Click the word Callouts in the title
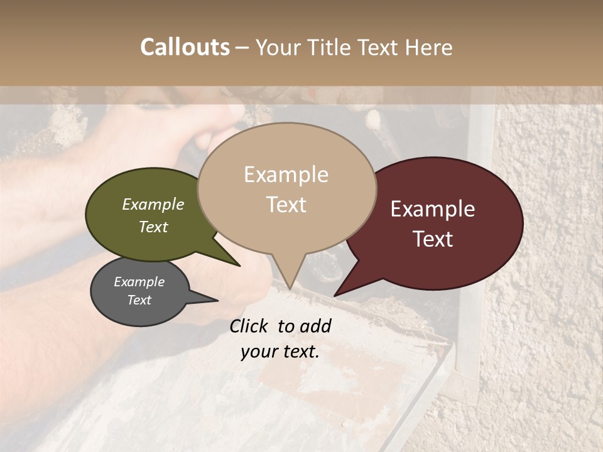click(185, 47)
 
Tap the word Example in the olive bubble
click(153, 205)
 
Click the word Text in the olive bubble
click(153, 227)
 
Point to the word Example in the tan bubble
click(286, 175)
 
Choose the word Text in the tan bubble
click(286, 205)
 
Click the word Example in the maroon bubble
click(433, 209)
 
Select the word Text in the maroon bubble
click(433, 239)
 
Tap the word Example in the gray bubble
click(139, 282)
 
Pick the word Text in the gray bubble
click(139, 300)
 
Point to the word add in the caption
click(316, 326)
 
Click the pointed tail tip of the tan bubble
click(290, 289)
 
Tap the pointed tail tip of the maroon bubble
click(335, 296)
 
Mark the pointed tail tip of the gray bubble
click(217, 300)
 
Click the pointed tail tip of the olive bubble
click(240, 266)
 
